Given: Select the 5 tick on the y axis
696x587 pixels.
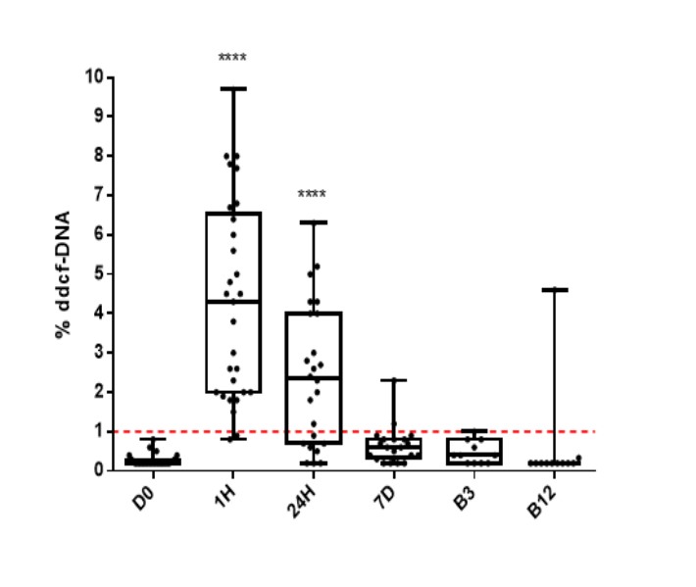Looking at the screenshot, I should (x=101, y=273).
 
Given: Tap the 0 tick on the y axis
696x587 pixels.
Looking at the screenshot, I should (x=101, y=470).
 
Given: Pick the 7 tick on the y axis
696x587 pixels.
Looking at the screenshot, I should (x=101, y=195).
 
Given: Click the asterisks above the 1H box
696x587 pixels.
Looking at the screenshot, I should (x=232, y=58).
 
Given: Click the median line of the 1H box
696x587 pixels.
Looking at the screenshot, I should (x=233, y=301).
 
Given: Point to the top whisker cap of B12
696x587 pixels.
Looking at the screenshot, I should (x=554, y=289).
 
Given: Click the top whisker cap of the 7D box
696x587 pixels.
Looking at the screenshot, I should (x=393, y=379).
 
